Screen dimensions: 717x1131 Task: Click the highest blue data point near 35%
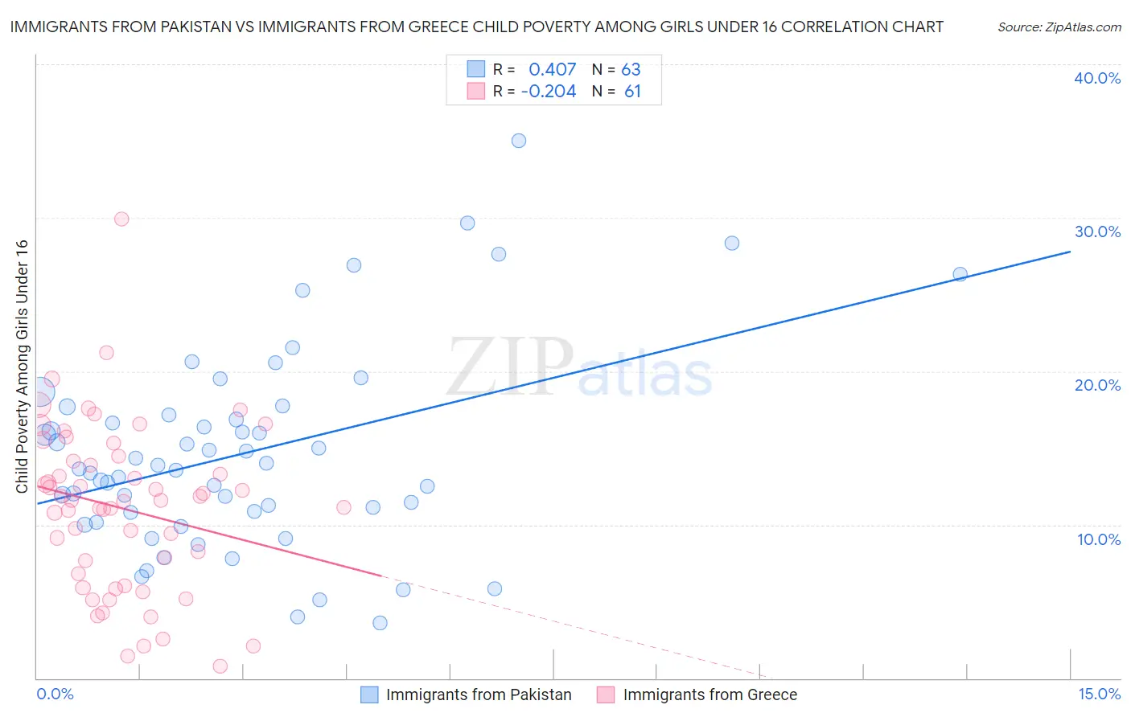(x=519, y=141)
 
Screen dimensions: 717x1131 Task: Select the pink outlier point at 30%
(x=121, y=219)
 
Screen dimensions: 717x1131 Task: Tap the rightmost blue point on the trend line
(x=960, y=274)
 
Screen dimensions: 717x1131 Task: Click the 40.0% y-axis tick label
(x=1097, y=78)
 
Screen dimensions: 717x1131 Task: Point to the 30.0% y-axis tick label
(x=1097, y=231)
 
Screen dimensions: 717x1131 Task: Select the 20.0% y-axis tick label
(x=1097, y=385)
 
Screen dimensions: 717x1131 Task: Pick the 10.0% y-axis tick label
(x=1099, y=539)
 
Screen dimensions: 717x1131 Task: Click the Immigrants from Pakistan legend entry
(x=479, y=695)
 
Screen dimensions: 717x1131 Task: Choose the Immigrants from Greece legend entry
(x=709, y=695)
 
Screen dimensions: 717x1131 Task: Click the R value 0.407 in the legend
(x=553, y=70)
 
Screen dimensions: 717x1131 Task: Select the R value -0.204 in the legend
(x=549, y=92)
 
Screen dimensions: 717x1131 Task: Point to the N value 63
(x=631, y=70)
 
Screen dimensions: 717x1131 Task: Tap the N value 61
(x=632, y=92)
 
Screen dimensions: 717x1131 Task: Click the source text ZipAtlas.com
(x=1059, y=27)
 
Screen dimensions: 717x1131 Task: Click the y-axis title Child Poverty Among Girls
(x=23, y=366)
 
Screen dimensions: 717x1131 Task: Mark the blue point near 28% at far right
(x=732, y=243)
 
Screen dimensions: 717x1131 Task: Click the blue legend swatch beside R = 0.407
(x=476, y=69)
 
